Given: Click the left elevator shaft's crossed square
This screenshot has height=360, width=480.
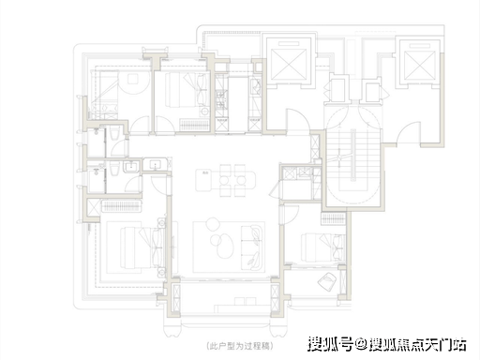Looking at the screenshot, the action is point(288,65).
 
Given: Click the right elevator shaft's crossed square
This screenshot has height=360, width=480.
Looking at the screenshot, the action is point(419,66).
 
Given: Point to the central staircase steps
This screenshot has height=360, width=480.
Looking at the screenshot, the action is point(352,156).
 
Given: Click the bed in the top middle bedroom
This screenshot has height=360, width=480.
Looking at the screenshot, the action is point(187,90).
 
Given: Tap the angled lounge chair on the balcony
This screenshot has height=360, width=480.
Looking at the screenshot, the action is point(327,281).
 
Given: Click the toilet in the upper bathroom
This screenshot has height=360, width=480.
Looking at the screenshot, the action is point(114,135).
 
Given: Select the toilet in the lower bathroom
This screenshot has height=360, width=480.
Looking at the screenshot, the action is point(114,170).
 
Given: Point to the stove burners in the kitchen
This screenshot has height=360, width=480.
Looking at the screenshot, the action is point(221,97).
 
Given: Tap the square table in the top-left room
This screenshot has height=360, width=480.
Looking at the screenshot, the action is point(133,79).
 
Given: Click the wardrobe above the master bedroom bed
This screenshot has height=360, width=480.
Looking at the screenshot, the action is point(121,206).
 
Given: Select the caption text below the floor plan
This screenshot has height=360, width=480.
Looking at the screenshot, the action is point(240,346).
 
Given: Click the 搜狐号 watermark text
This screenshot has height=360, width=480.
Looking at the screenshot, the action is point(331,344).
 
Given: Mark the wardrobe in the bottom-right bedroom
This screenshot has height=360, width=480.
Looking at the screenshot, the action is point(333,218).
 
